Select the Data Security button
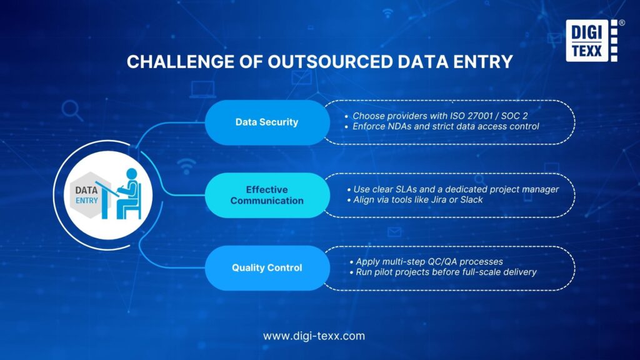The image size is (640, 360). [x=267, y=122]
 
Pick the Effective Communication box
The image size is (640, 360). [x=267, y=195]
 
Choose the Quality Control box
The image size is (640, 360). [x=267, y=267]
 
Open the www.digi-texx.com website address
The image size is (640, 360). [x=314, y=336]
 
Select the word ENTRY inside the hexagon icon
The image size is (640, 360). [x=87, y=200]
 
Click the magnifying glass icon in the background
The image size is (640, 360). [x=72, y=111]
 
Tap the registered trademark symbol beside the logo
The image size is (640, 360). [x=621, y=23]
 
